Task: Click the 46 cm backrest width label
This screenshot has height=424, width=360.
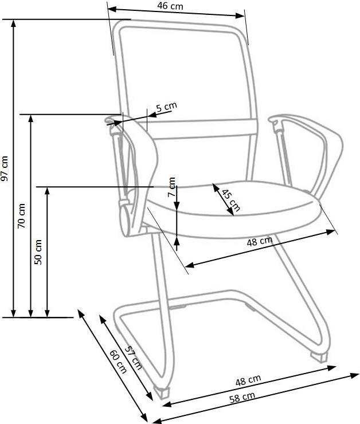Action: tap(170, 6)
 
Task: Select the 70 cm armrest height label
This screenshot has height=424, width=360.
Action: tap(21, 216)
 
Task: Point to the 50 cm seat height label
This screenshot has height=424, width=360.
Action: tap(38, 252)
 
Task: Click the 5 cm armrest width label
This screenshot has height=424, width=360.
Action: tap(167, 107)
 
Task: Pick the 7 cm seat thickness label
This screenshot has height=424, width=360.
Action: tap(171, 187)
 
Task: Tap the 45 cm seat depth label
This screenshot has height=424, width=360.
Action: tap(230, 200)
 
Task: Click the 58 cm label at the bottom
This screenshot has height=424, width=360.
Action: tap(242, 397)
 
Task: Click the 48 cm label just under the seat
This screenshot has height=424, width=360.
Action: tap(260, 241)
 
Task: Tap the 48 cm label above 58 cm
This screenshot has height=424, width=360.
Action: tap(248, 380)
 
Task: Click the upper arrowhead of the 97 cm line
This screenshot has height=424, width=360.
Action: tap(13, 23)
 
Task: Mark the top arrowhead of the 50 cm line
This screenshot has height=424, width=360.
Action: tap(47, 190)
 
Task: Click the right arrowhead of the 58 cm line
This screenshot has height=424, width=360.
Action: tap(355, 375)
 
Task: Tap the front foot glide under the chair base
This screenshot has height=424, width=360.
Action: tap(162, 392)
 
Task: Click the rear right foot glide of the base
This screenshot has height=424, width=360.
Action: tap(319, 356)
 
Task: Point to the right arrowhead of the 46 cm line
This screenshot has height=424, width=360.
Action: tap(240, 15)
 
